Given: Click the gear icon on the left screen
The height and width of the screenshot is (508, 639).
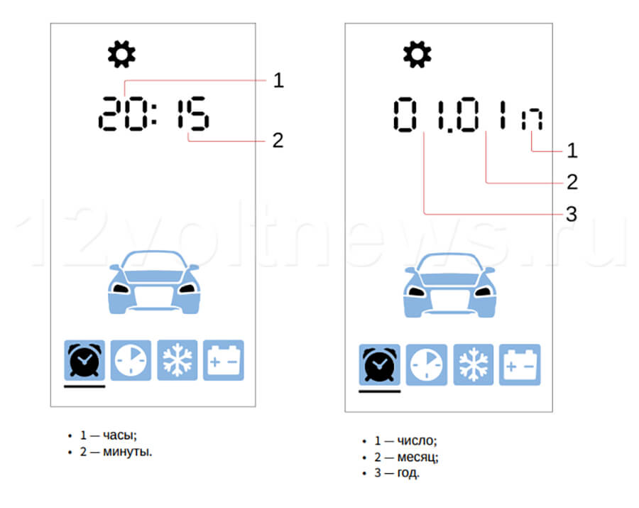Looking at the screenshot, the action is click(x=121, y=54).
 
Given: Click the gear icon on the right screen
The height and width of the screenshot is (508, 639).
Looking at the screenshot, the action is click(x=417, y=54).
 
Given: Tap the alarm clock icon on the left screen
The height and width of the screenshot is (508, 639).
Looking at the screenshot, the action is click(x=84, y=360).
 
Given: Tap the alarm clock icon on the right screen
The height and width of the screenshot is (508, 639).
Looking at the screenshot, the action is click(x=379, y=364).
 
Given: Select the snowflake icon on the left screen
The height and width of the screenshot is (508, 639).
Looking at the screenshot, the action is click(x=177, y=360).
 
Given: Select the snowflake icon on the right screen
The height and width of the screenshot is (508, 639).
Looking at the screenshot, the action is click(x=473, y=364).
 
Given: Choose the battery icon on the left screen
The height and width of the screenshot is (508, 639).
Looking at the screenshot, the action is click(x=224, y=360).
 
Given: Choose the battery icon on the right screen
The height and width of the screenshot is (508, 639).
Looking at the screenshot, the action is click(x=520, y=364).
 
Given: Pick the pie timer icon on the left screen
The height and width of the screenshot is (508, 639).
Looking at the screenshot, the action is click(x=131, y=360).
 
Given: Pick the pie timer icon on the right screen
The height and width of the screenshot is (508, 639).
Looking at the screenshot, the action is click(x=426, y=364).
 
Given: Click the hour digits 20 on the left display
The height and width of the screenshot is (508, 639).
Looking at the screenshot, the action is click(x=121, y=114).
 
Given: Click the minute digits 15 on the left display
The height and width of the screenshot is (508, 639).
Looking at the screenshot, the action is click(x=192, y=114).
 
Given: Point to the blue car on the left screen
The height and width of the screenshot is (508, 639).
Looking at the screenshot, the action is click(x=154, y=282).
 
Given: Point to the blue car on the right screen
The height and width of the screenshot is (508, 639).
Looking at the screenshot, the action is click(x=449, y=286).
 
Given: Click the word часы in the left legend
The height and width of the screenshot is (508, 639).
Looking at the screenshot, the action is click(x=120, y=436).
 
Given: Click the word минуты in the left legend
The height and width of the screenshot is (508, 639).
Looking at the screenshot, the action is click(x=128, y=452).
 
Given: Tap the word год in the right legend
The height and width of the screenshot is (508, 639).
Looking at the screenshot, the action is click(x=408, y=473).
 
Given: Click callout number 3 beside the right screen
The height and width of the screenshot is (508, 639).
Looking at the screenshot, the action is click(x=572, y=214).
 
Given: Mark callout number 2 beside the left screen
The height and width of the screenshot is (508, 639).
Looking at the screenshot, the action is click(x=278, y=141).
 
